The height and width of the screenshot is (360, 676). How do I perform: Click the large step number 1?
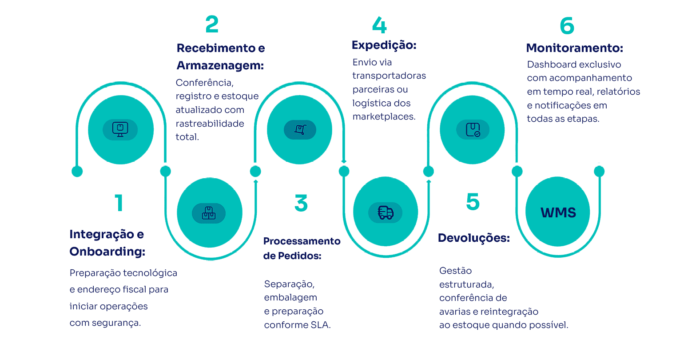click(x=119, y=203)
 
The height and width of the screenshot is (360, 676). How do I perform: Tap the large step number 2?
click(x=212, y=24)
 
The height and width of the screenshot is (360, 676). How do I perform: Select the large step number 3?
click(x=301, y=203)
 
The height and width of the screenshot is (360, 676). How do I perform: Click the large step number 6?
click(x=567, y=25)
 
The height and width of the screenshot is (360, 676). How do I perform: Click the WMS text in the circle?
click(x=558, y=212)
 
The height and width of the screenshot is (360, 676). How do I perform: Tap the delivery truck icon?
click(x=386, y=213)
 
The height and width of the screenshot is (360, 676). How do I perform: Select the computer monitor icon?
click(x=120, y=129)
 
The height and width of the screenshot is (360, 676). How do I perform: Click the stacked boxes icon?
click(x=209, y=213)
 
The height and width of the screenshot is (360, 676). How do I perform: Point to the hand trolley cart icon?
click(x=300, y=130)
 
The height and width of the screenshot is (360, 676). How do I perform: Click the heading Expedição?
click(x=384, y=45)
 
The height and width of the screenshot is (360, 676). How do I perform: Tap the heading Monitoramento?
click(x=574, y=48)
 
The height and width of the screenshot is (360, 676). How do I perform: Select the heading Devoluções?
click(x=473, y=238)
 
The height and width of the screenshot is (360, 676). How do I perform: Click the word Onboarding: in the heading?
click(x=107, y=252)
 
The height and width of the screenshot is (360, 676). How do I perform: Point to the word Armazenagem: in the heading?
click(x=220, y=65)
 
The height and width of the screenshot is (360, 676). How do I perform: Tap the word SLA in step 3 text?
click(x=320, y=325)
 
